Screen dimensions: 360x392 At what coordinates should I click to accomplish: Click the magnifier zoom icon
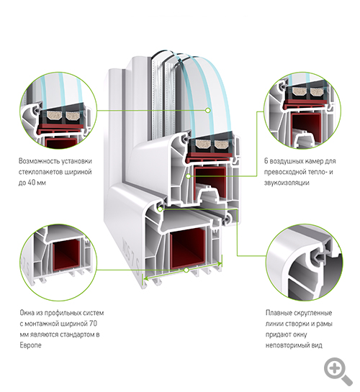pos(338,370)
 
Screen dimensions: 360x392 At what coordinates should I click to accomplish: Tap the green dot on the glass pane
pos(207,110)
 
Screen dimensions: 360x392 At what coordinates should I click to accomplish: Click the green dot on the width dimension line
pos(186,270)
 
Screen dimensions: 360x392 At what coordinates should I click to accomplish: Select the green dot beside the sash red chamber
pos(189,176)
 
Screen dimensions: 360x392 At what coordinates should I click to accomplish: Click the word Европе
pos(30,345)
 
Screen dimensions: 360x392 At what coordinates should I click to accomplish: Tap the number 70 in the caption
pos(93,324)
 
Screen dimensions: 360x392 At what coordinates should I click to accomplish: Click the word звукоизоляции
pos(287,183)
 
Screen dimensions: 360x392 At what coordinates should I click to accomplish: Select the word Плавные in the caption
pos(279,313)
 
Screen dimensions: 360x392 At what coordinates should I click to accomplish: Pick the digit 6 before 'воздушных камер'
pos(266,161)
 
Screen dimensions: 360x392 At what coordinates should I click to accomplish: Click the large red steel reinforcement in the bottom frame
pos(188,249)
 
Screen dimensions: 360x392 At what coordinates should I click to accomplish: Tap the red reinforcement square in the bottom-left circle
pos(66,258)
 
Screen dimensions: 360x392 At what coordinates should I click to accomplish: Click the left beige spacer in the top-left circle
pos(54,116)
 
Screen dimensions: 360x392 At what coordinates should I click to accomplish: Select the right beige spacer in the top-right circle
pos(318,91)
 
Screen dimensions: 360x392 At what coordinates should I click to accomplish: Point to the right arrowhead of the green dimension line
pos(220,263)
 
